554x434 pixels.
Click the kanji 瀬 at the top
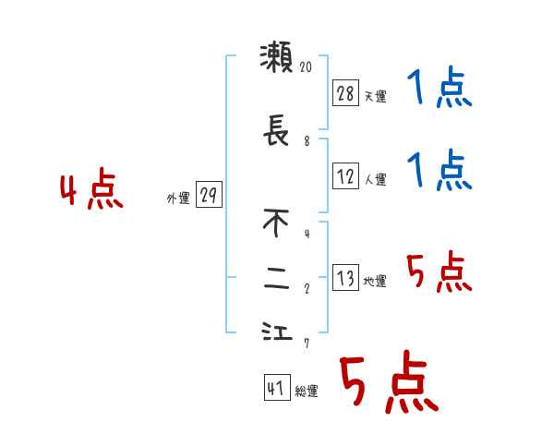[277, 58]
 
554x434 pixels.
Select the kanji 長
[277, 135]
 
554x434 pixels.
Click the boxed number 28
[345, 93]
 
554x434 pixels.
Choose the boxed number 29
[209, 195]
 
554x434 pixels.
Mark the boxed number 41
[275, 389]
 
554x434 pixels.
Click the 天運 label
[375, 96]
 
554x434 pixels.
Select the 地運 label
[375, 282]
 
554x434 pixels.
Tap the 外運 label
[178, 198]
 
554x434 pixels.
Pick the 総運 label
[307, 392]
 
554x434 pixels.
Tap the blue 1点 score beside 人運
[440, 171]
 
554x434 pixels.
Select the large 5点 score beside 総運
[388, 383]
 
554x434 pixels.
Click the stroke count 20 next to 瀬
[307, 66]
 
